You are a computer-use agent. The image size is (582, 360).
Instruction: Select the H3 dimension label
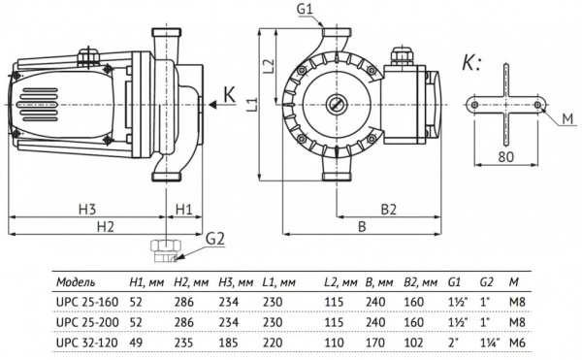87,210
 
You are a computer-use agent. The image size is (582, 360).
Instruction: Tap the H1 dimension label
184,210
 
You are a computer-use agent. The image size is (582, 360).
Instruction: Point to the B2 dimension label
388,210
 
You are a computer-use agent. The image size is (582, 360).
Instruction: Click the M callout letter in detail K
566,119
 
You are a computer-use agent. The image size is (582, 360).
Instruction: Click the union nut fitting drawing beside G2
165,250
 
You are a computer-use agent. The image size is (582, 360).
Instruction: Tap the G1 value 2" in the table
452,340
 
